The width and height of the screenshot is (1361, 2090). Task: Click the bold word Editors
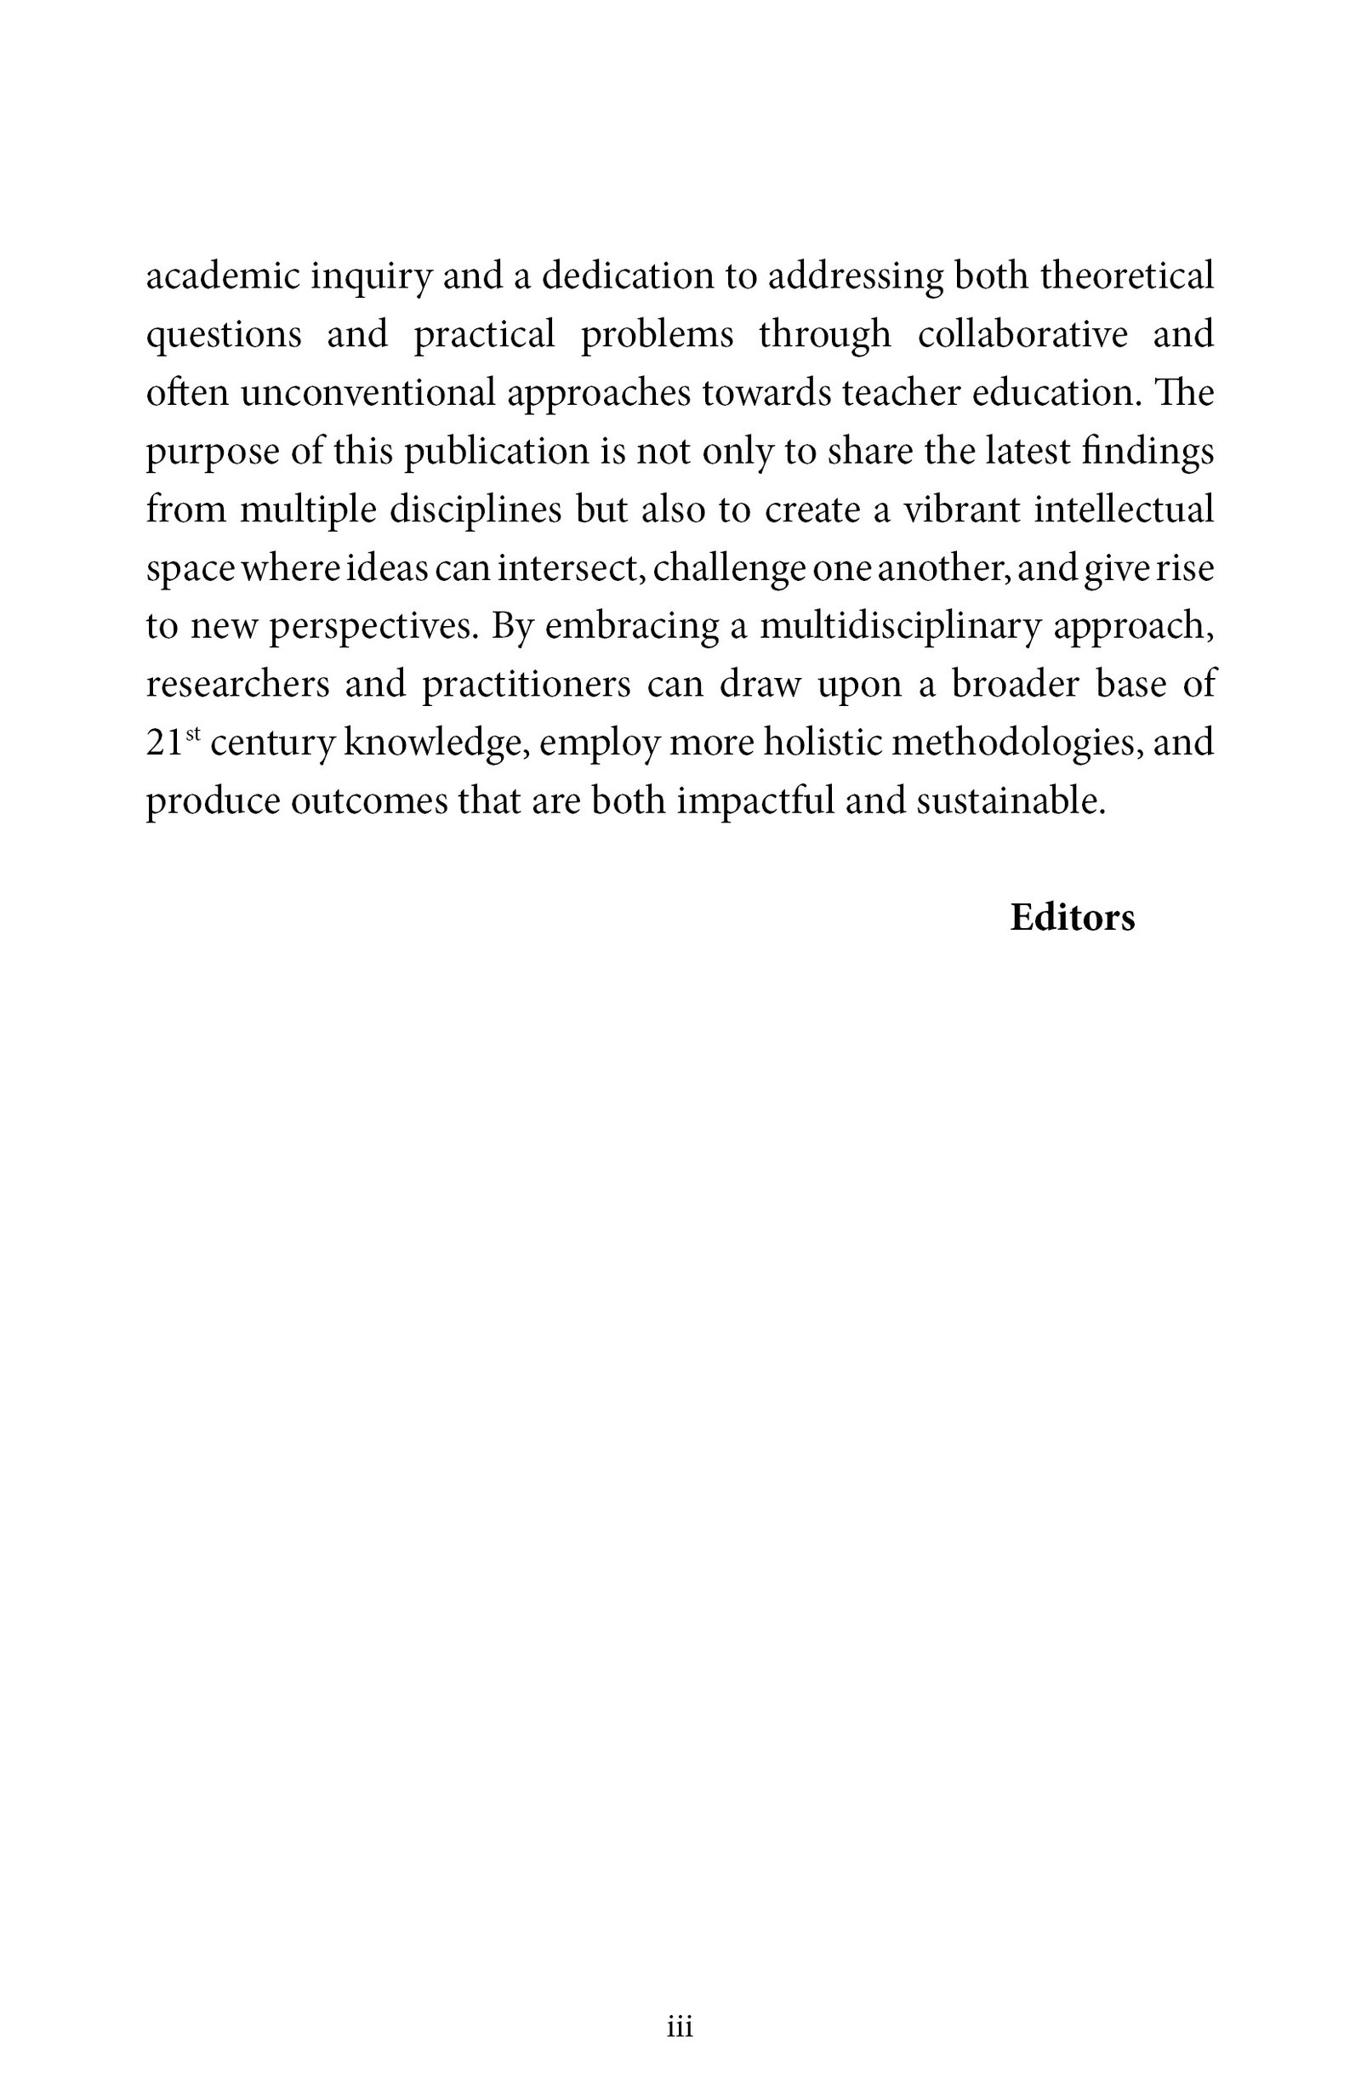tap(1072, 918)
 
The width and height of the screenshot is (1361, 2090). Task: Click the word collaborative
tap(1022, 334)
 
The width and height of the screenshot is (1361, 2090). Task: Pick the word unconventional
tap(368, 392)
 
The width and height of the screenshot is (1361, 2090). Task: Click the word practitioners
tap(525, 685)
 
